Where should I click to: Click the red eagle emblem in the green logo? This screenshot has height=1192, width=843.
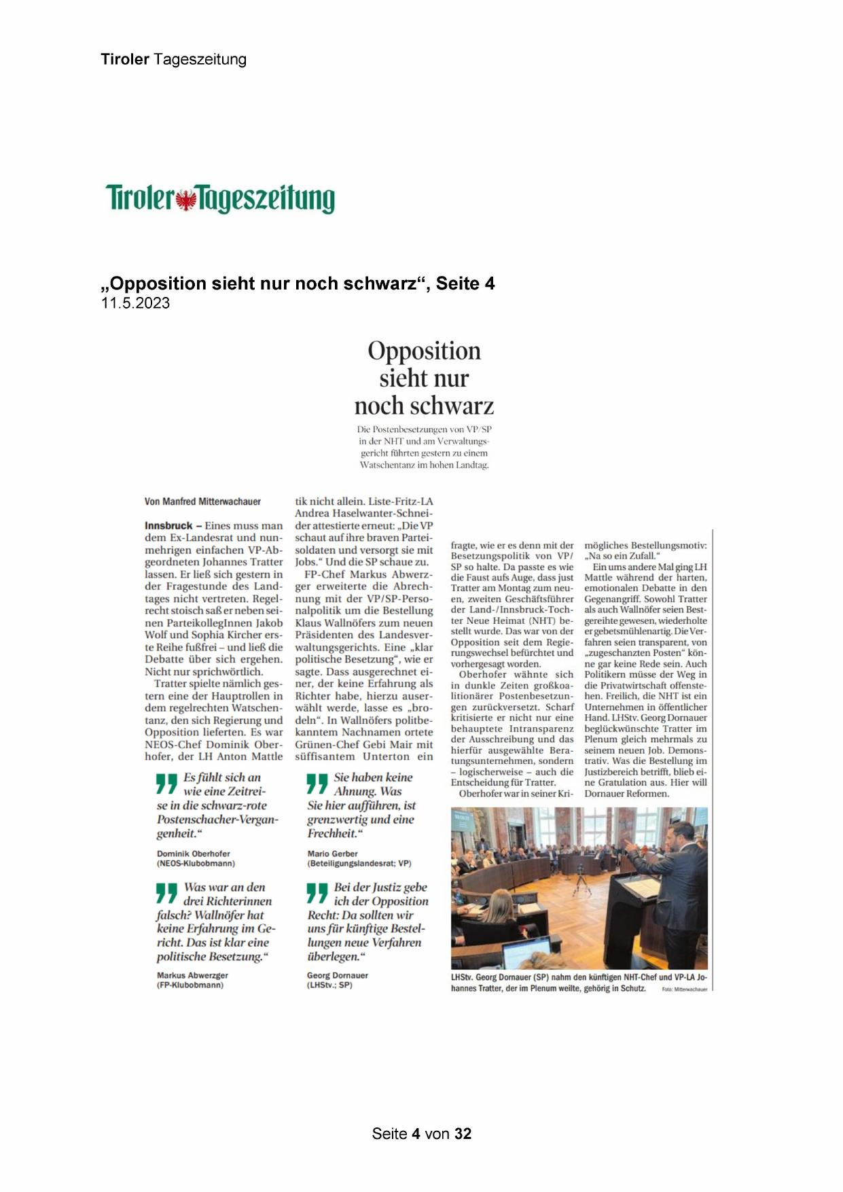(x=185, y=200)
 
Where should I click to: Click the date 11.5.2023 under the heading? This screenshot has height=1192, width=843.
(x=135, y=303)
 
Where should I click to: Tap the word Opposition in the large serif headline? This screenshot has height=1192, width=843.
(x=424, y=351)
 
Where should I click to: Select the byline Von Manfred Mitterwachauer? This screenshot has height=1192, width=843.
(x=202, y=502)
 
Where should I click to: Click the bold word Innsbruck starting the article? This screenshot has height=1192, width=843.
(x=168, y=525)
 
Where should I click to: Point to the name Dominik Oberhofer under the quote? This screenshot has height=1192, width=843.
(x=193, y=854)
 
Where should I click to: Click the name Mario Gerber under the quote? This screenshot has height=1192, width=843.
(x=332, y=854)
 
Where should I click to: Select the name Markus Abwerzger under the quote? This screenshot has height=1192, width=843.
(x=192, y=975)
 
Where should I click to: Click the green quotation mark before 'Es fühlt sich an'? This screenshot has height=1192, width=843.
(x=166, y=784)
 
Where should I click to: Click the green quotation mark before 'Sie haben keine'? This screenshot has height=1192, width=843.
(x=317, y=784)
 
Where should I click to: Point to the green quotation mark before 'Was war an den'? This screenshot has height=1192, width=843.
(x=166, y=893)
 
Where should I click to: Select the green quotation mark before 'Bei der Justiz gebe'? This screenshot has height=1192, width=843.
(x=317, y=893)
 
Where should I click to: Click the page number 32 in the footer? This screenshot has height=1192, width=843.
(x=463, y=1134)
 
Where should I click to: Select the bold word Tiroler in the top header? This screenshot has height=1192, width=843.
(x=125, y=59)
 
